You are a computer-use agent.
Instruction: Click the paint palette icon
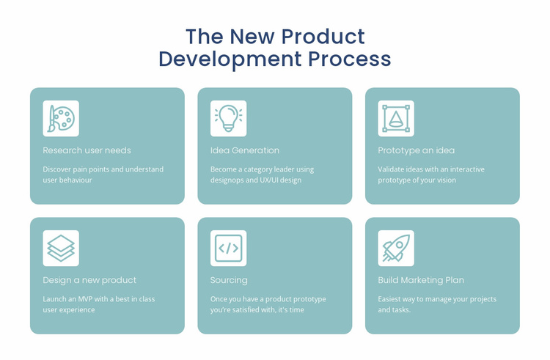tap(61, 119)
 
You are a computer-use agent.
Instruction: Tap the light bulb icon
tap(228, 119)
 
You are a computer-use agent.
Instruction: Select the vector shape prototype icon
tap(396, 119)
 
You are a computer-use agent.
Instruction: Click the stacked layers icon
tap(61, 249)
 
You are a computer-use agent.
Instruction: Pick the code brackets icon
tap(228, 249)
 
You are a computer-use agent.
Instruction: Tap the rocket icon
tap(396, 249)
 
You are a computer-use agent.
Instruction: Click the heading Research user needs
tap(87, 150)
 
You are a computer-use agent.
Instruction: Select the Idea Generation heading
tap(245, 150)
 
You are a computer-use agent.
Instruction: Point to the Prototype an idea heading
tap(416, 150)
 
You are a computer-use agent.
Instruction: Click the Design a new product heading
tap(89, 280)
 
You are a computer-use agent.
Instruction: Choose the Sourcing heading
tap(229, 280)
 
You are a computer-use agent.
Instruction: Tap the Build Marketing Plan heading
tap(421, 280)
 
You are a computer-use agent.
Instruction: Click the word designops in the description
tap(230, 180)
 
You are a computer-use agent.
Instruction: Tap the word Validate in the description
tap(393, 169)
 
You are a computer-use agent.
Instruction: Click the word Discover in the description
tap(58, 169)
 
